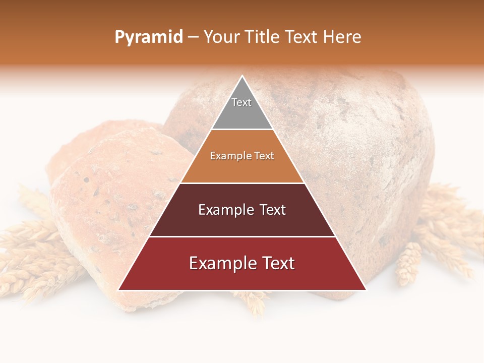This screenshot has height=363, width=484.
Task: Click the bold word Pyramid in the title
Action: point(149,37)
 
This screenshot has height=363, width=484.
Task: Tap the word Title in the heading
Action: point(263,37)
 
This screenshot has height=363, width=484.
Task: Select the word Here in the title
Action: point(342,37)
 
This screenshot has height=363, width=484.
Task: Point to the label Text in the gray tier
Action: point(241,102)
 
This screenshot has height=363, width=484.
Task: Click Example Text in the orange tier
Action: point(242,156)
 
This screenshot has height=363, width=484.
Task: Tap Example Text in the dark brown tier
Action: point(242,210)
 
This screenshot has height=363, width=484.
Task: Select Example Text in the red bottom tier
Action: point(242,263)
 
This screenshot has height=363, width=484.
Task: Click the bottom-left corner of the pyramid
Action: point(118,290)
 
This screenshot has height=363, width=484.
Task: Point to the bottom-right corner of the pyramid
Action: point(366,290)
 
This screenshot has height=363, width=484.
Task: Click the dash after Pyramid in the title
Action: point(193,37)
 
